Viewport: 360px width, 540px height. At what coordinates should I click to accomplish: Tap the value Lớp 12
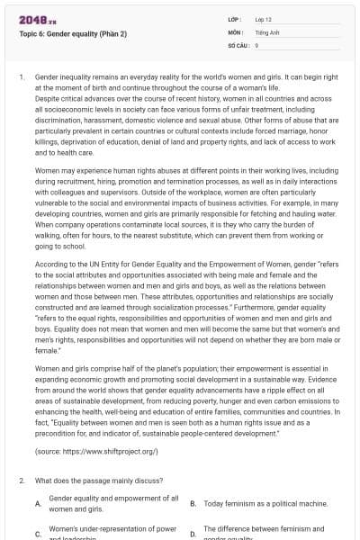[263, 19]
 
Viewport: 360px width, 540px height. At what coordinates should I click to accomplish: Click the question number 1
[22, 78]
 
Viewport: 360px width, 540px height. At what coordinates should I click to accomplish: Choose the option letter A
[37, 503]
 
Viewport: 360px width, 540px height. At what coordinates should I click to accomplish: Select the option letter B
[193, 503]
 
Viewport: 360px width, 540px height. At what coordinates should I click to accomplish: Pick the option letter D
[193, 534]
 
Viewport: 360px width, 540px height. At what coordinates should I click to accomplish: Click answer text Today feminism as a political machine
[265, 503]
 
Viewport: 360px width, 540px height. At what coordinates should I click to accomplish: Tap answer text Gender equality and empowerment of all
[112, 498]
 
